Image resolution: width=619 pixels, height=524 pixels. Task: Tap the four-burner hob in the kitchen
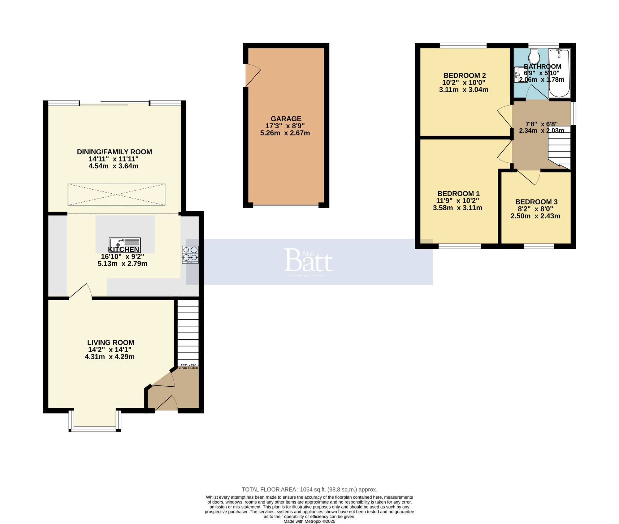[x=190, y=254]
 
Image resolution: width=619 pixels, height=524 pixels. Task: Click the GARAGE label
[x=286, y=119]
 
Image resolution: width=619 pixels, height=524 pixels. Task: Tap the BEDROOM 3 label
[x=536, y=202]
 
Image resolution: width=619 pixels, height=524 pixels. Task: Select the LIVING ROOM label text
[x=110, y=342]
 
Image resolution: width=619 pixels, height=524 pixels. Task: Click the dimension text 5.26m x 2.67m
[x=285, y=133]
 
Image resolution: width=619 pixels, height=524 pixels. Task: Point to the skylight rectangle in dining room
[x=116, y=195]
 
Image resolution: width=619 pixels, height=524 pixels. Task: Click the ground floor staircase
[x=188, y=333]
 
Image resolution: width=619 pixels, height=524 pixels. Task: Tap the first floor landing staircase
[x=559, y=147]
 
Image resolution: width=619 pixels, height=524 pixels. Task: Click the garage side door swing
[x=252, y=75]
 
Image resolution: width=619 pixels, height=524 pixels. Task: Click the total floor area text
[x=309, y=490]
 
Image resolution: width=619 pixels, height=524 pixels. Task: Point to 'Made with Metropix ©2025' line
[x=309, y=521]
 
